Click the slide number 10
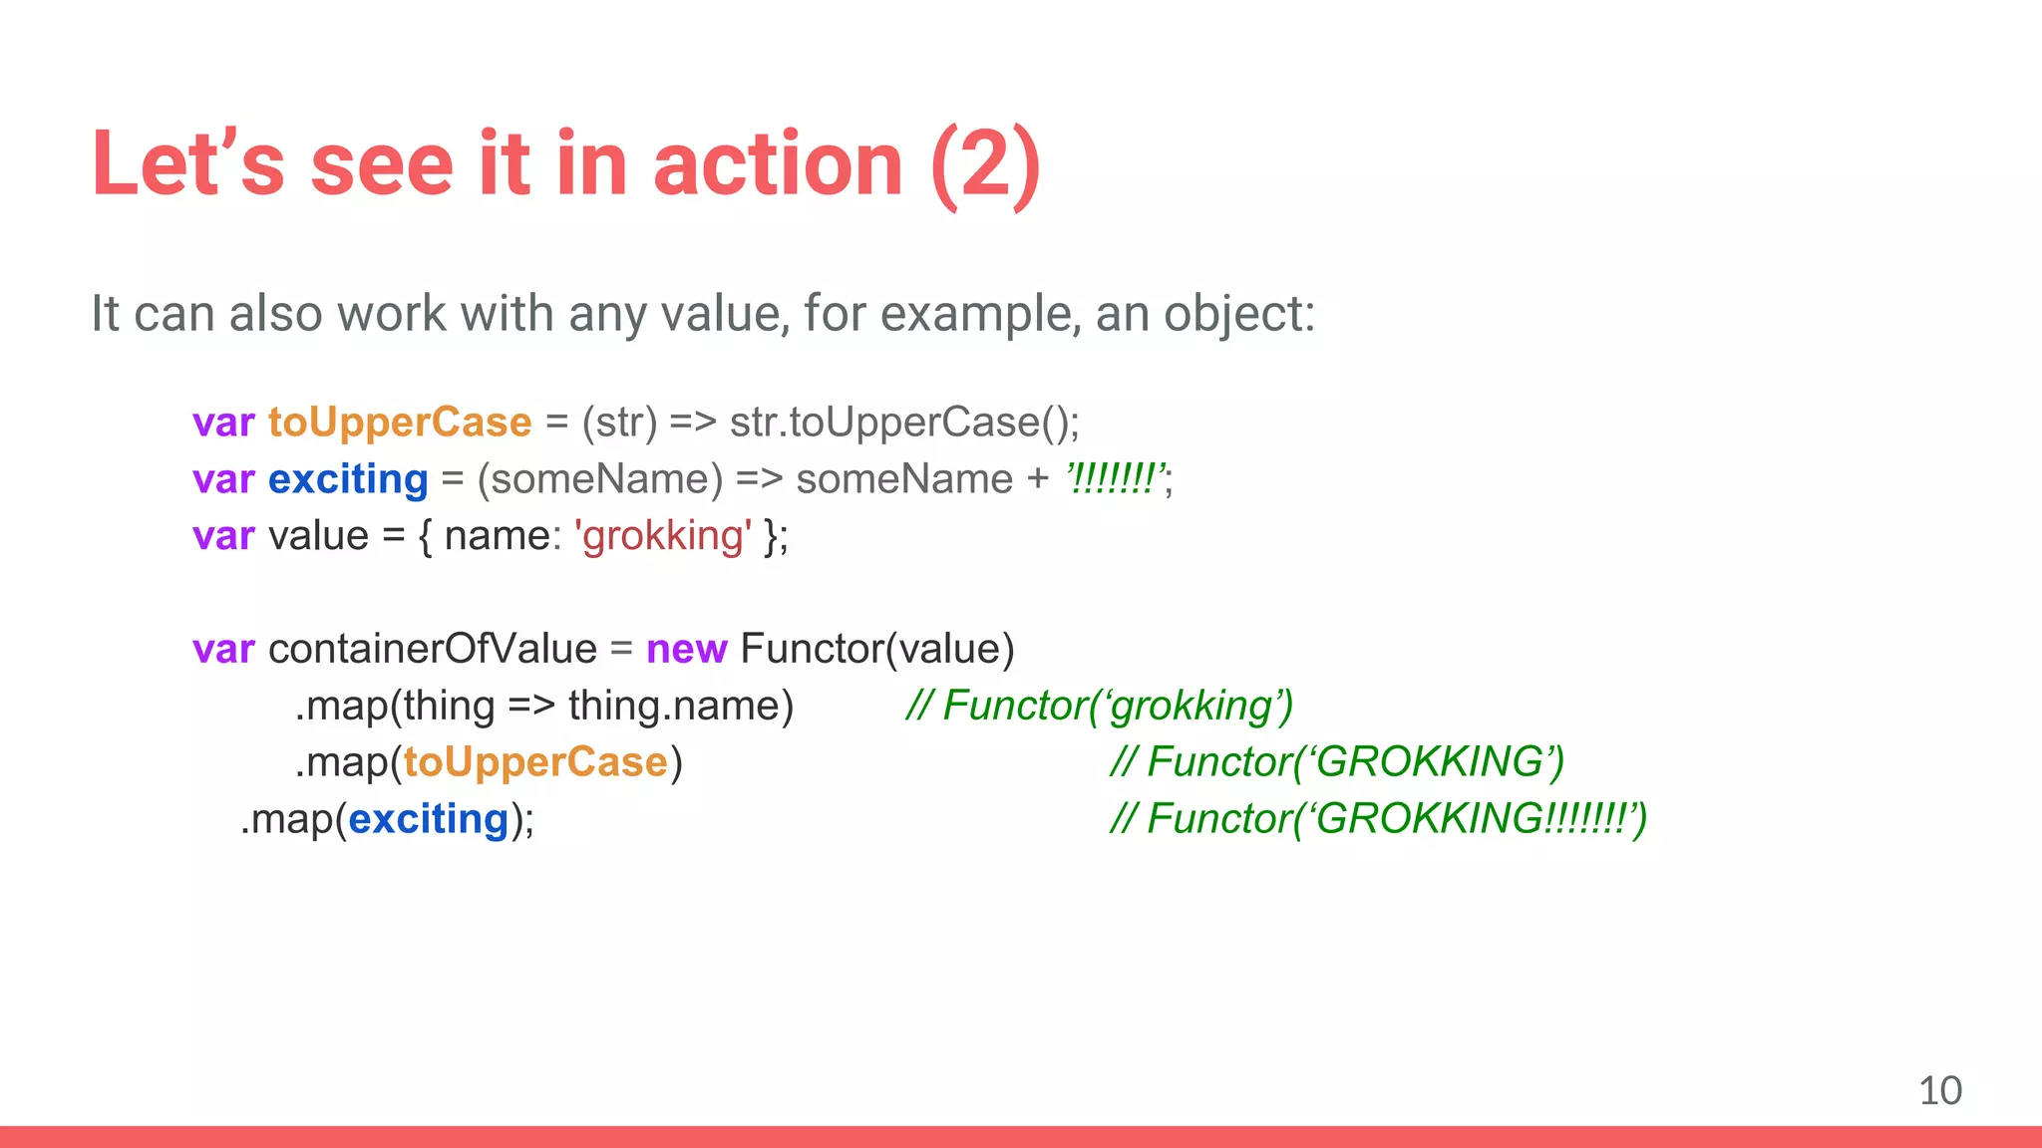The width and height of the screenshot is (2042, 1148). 1939,1090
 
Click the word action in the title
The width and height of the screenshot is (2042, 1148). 778,164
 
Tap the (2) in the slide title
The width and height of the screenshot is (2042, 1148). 985,164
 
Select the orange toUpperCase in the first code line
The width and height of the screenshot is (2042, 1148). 400,423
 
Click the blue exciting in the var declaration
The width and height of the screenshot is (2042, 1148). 348,479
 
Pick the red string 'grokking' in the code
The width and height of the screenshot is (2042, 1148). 663,536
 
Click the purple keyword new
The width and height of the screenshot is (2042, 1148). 686,649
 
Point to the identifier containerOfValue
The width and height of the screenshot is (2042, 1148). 432,649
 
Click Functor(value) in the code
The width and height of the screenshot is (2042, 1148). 876,649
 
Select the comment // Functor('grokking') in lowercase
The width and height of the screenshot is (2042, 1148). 1100,706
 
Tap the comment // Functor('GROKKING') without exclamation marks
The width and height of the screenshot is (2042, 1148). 1337,762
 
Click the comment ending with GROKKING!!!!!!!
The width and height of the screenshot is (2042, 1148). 1378,819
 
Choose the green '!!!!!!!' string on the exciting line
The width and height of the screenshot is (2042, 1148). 1115,479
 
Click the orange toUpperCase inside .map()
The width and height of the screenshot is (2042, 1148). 535,762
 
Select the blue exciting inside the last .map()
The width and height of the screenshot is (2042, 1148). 429,819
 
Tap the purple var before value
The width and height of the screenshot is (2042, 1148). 223,536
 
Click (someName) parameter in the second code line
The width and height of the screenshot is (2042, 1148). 599,479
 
